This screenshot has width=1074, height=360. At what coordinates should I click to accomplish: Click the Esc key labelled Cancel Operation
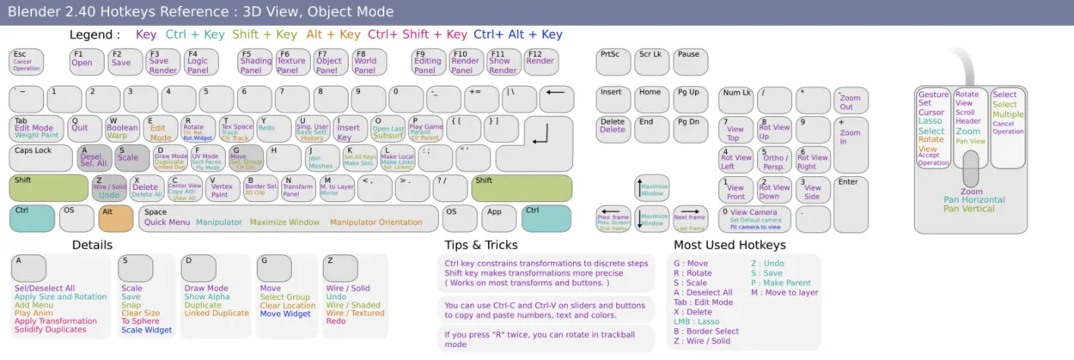(26, 61)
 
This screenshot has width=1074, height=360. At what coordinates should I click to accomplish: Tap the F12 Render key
(541, 61)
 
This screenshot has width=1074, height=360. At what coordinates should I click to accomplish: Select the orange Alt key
(116, 218)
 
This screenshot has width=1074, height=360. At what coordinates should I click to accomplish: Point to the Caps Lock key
(40, 158)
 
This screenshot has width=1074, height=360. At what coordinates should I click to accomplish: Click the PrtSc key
(613, 61)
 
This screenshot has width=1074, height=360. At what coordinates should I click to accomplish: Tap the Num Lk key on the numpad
(736, 99)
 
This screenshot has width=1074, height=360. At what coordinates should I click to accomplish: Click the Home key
(651, 99)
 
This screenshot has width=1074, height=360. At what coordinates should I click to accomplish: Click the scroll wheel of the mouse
(971, 168)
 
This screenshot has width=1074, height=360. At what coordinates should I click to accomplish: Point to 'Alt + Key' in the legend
(333, 34)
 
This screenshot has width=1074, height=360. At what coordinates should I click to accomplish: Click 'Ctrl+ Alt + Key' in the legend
(517, 34)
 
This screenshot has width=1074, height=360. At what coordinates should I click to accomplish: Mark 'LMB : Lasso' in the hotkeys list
(697, 321)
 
